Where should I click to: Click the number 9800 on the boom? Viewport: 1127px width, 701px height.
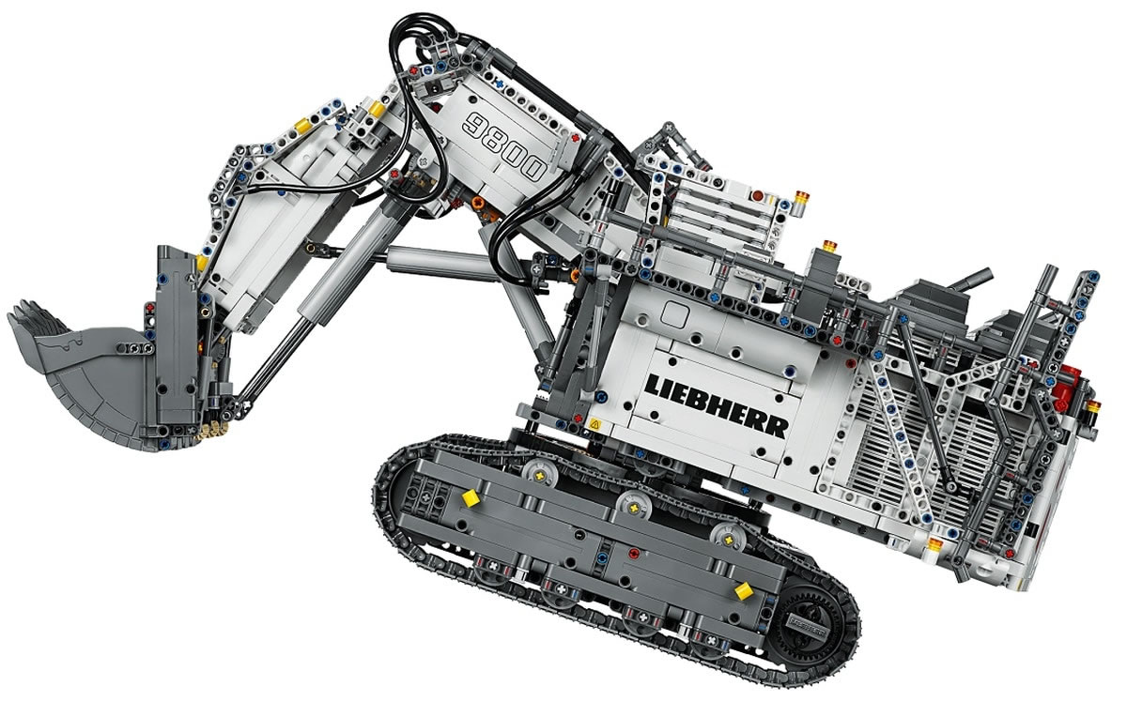pyautogui.click(x=504, y=145)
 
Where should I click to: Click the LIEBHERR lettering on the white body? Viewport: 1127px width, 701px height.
pyautogui.click(x=717, y=404)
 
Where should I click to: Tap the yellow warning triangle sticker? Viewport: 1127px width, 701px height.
pyautogui.click(x=594, y=424)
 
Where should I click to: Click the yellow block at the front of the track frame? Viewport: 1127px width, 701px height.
pyautogui.click(x=470, y=498)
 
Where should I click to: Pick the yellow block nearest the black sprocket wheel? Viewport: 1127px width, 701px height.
pyautogui.click(x=744, y=591)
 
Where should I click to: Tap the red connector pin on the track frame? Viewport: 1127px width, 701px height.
pyautogui.click(x=634, y=553)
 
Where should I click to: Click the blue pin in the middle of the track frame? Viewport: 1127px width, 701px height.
pyautogui.click(x=602, y=557)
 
